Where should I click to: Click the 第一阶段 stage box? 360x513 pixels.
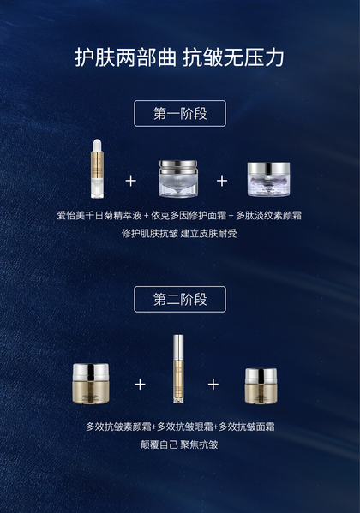coord(180,113)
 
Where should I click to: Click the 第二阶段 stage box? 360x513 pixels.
coord(180,299)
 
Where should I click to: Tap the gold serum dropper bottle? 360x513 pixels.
coord(98,169)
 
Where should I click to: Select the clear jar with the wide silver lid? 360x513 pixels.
coord(178,179)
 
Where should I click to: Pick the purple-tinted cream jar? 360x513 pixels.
coord(268,179)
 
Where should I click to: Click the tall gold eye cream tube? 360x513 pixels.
coord(178,369)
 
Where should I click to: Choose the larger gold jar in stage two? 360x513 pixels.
coord(90,384)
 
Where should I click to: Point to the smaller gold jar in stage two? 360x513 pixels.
coord(261,386)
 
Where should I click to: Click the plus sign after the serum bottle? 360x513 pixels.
coord(130,181)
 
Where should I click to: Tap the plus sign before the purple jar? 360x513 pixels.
coord(222,181)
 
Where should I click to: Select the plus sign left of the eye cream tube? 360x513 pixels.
coord(140,384)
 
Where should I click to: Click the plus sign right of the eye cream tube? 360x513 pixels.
coord(213,384)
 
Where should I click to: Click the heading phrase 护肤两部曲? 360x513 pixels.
coord(125,58)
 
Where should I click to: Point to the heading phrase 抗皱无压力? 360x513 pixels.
coord(233,58)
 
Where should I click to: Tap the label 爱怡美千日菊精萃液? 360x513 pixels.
coord(99,215)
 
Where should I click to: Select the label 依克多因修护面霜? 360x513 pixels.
coord(189,215)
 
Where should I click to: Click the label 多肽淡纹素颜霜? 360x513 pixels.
coord(268,215)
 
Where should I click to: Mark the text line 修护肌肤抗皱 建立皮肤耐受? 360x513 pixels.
coord(179,233)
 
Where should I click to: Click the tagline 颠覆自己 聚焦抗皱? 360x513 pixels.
coord(179,444)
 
